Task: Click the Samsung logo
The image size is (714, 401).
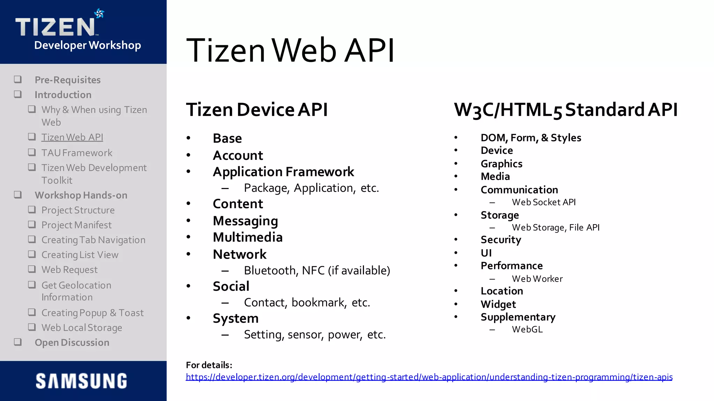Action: point(81,381)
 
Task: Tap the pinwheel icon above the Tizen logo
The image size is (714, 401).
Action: point(99,14)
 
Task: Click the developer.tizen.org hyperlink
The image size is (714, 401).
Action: point(429,377)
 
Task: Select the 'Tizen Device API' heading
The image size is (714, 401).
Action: point(257,110)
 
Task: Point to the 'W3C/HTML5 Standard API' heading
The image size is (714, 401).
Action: point(565,110)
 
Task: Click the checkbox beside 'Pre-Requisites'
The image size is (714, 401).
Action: point(18,80)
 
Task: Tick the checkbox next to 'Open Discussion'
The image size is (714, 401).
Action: point(18,342)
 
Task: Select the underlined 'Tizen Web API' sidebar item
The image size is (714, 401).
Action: point(72,137)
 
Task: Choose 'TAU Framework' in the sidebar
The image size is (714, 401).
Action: point(77,153)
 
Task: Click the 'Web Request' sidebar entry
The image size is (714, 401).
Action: point(69,270)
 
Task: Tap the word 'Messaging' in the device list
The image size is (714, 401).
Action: point(245,221)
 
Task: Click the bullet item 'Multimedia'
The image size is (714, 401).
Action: point(248,237)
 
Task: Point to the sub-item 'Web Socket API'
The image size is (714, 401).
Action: point(544,202)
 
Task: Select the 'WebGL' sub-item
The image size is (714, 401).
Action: point(527,329)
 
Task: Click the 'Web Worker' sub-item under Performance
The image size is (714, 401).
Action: point(537,279)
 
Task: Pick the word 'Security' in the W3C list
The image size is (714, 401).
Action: point(501,240)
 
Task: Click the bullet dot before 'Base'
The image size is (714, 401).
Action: point(189,138)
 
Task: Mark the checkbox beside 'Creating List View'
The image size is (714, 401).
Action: point(32,254)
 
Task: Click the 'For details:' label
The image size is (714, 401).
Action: point(209,365)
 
